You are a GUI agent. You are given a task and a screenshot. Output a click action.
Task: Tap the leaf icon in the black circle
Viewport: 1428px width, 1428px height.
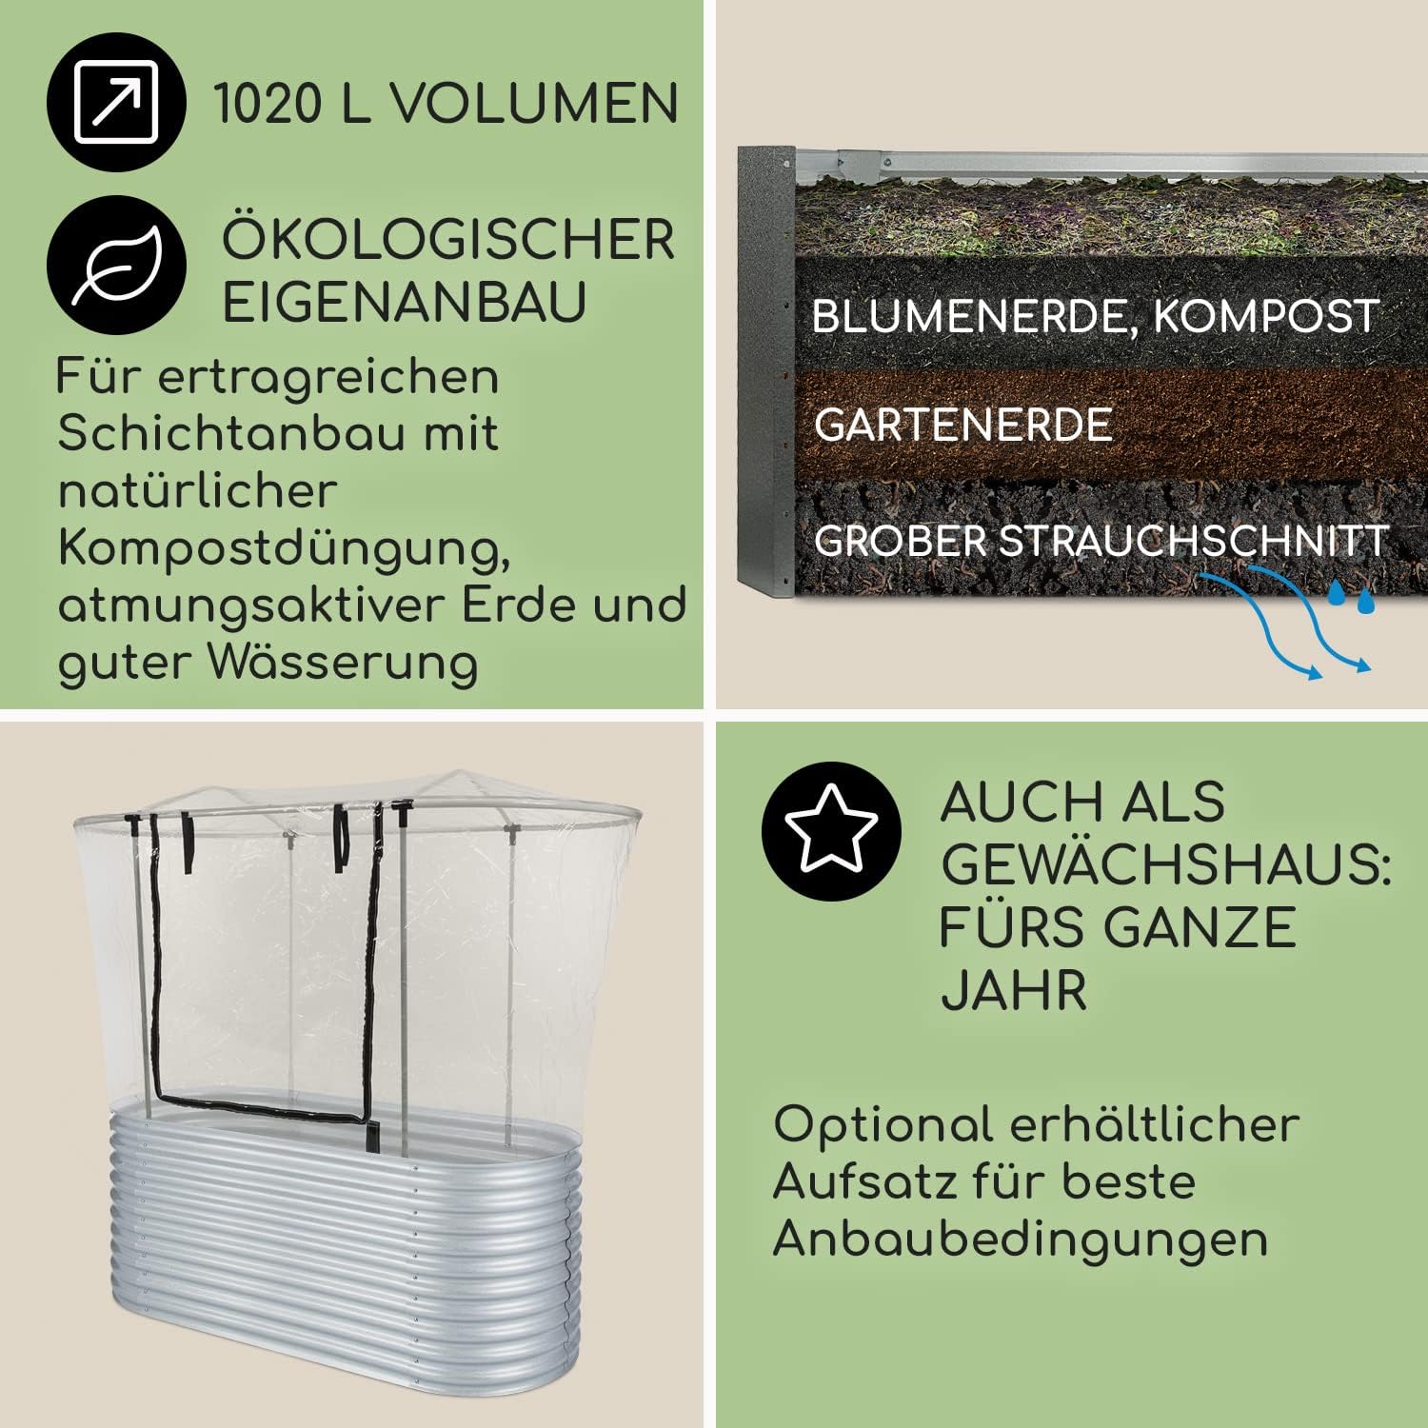(115, 264)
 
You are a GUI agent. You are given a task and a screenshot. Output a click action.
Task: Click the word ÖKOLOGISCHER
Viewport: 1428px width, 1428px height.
(448, 239)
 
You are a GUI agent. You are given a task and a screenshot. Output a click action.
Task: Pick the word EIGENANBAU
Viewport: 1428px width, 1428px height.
(404, 302)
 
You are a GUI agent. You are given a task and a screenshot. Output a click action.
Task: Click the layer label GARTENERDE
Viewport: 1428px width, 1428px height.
(963, 425)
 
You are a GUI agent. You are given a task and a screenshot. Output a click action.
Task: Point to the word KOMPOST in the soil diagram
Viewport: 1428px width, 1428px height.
(1266, 316)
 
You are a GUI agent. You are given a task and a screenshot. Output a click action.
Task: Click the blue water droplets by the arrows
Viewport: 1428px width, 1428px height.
(1352, 598)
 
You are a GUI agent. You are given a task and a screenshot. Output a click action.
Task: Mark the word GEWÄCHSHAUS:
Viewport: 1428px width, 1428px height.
(1166, 863)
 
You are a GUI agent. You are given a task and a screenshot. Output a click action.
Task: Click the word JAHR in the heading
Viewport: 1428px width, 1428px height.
(1014, 991)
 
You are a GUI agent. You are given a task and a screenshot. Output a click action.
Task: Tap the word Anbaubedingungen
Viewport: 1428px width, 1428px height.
(1020, 1239)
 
